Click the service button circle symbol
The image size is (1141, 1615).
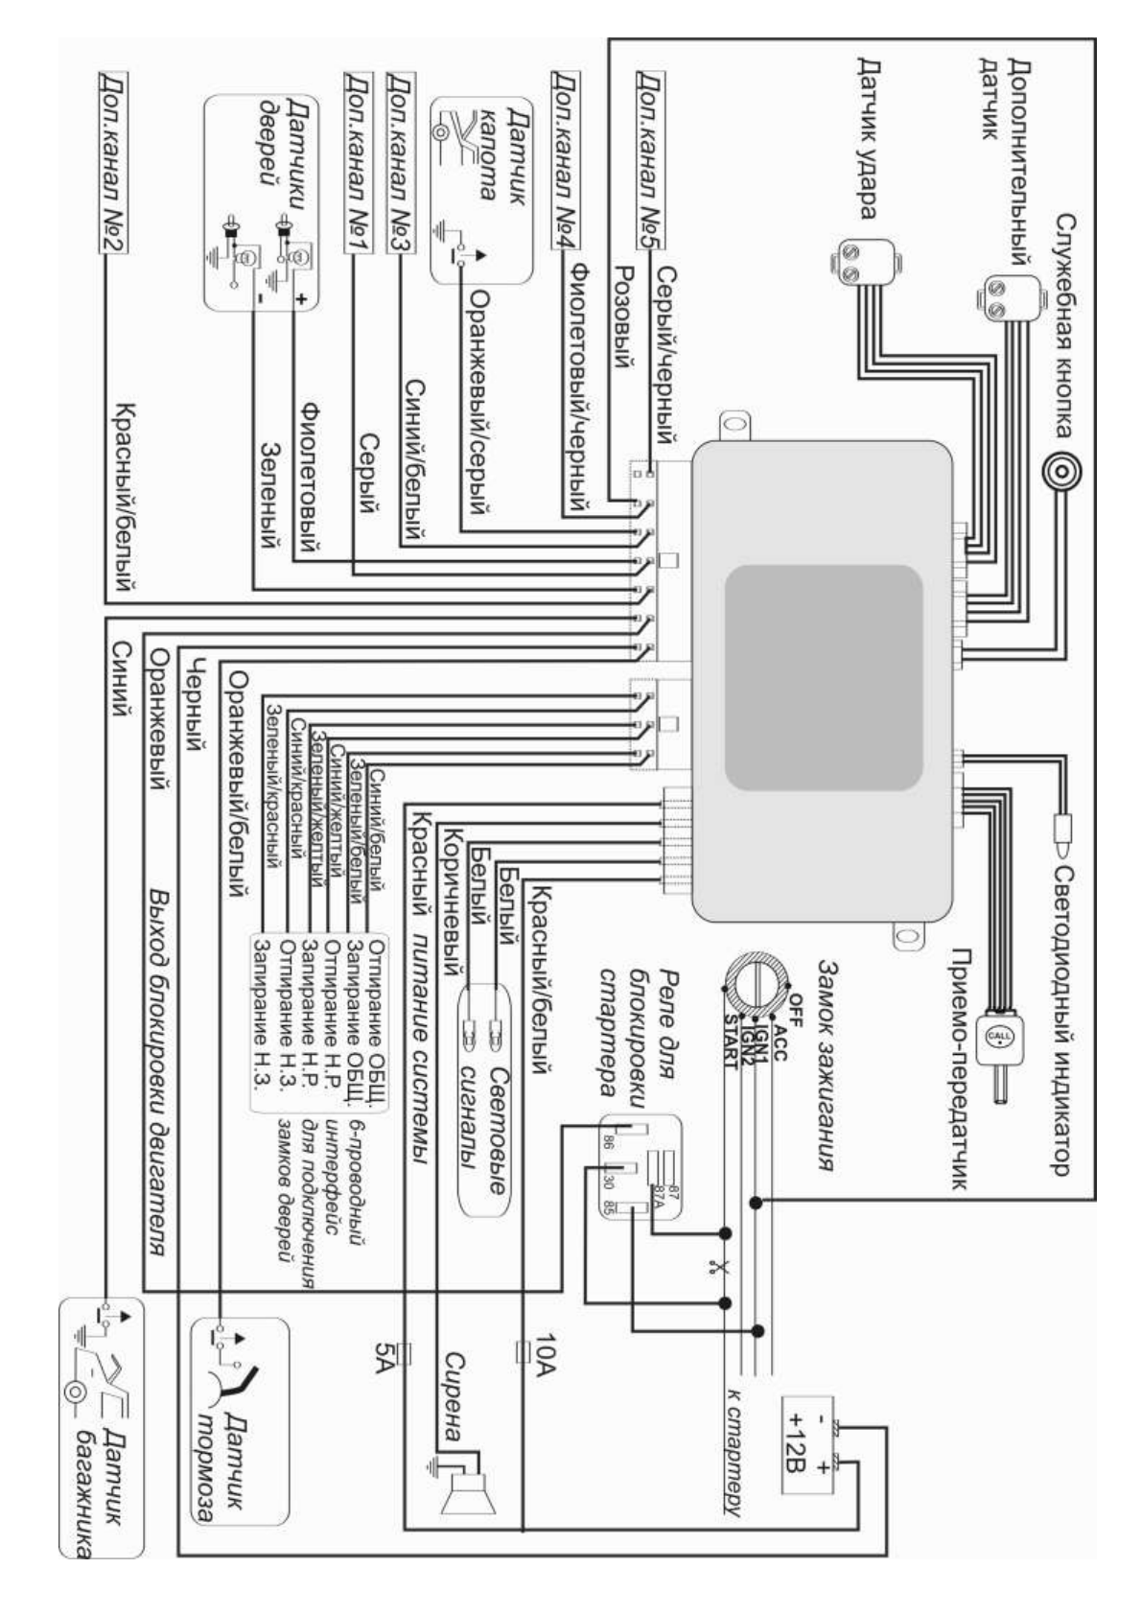(1063, 472)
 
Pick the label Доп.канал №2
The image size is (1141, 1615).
(113, 161)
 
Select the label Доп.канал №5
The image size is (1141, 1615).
(651, 161)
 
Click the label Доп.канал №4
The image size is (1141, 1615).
(563, 161)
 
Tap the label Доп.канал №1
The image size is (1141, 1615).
(357, 161)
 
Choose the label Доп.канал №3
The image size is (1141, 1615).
(400, 161)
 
